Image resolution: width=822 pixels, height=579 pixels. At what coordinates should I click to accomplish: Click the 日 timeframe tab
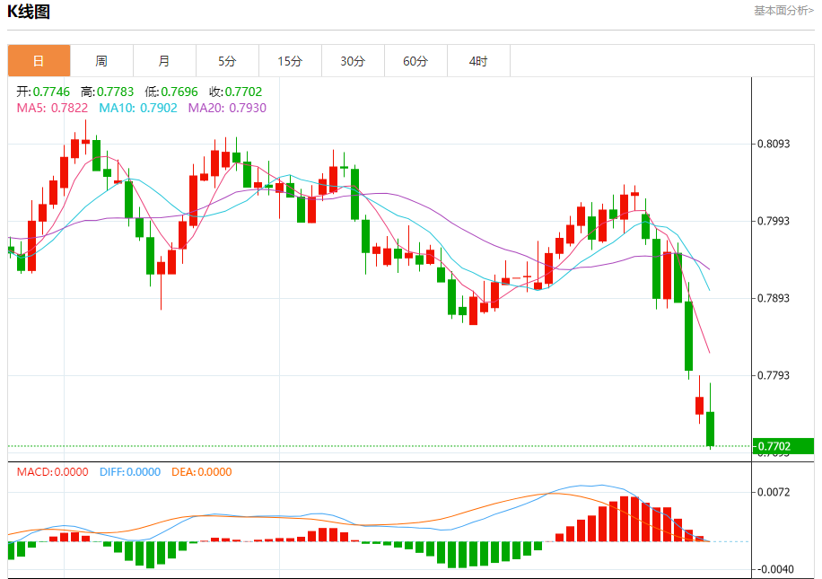pos(39,61)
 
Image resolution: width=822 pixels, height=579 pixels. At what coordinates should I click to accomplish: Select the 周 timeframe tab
pos(101,61)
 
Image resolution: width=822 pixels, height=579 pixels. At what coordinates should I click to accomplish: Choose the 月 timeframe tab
pos(164,61)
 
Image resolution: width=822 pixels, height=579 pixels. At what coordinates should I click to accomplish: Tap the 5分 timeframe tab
pos(227,61)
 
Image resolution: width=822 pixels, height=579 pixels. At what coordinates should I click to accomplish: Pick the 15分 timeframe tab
pos(290,61)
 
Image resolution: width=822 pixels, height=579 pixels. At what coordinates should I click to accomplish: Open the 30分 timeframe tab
pos(353,61)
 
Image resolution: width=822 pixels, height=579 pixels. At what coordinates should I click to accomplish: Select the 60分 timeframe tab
pos(415,61)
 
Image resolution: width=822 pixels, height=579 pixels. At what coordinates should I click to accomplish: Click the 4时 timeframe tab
pos(478,61)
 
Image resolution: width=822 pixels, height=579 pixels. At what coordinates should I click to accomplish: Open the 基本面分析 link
pos(783,11)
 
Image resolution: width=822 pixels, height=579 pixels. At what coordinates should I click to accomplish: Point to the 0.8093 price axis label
pos(773,144)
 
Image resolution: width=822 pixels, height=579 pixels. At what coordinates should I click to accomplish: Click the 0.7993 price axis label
pos(773,221)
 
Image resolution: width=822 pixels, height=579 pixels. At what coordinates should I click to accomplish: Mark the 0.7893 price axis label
pos(773,298)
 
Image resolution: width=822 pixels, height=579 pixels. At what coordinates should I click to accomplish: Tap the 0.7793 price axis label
pos(773,375)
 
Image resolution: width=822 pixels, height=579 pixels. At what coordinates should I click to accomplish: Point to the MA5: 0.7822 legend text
pos(53,108)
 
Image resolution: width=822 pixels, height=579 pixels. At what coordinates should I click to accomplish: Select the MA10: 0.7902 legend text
pos(138,108)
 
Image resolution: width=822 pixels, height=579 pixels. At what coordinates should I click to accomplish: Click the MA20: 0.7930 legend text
pos(227,108)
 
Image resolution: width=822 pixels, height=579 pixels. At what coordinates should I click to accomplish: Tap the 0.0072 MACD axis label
pos(773,492)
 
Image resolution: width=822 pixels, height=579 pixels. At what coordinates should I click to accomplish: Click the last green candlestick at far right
pos(711,428)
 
